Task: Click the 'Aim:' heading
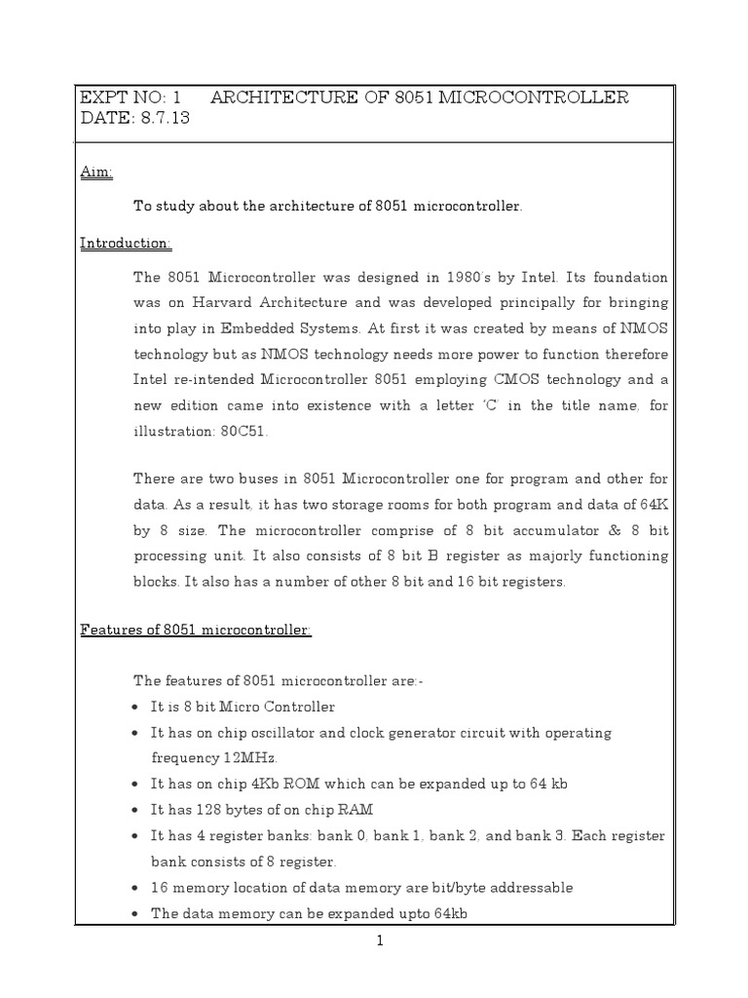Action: pyautogui.click(x=95, y=173)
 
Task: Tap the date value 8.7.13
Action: pyautogui.click(x=166, y=119)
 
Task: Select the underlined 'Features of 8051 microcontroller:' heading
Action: pyautogui.click(x=195, y=631)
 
